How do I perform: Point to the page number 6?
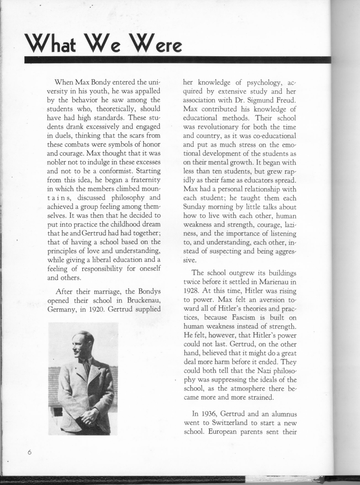[30, 453]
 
